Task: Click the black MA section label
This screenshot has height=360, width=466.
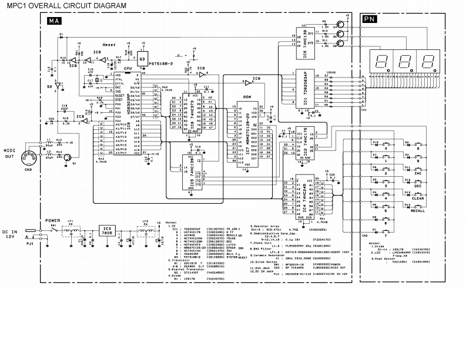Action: (53, 21)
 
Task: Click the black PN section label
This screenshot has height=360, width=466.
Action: (369, 19)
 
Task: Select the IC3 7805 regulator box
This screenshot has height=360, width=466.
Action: (106, 230)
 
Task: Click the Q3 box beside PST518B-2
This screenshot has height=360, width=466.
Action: (142, 59)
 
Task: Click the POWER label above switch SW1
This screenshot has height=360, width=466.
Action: (53, 221)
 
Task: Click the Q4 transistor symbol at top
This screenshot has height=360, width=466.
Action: (340, 26)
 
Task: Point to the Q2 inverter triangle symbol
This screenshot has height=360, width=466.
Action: (58, 86)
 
